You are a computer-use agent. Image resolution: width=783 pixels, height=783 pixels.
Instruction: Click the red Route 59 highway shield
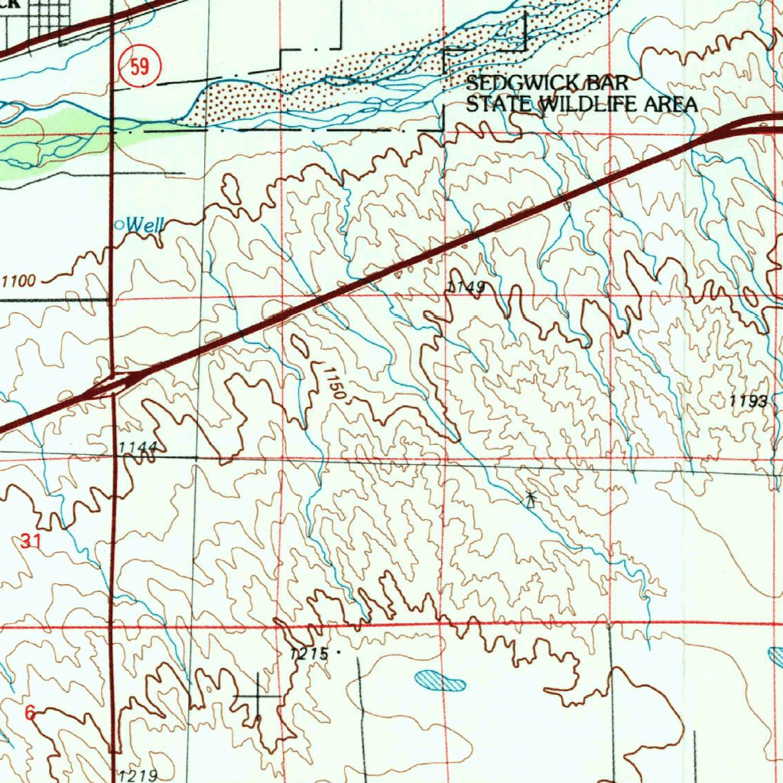pyautogui.click(x=138, y=67)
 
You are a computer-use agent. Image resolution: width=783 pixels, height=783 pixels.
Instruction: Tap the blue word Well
pyautogui.click(x=145, y=225)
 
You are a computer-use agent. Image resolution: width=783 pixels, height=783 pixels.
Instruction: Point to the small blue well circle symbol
pyautogui.click(x=119, y=225)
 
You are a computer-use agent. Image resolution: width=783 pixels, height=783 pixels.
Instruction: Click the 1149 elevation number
pyautogui.click(x=466, y=288)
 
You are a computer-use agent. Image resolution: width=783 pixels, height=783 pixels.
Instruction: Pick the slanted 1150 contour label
pyautogui.click(x=335, y=385)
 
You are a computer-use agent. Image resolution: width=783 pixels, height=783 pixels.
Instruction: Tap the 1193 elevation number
pyautogui.click(x=747, y=401)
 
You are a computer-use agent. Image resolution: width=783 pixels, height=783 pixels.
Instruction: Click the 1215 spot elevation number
pyautogui.click(x=309, y=654)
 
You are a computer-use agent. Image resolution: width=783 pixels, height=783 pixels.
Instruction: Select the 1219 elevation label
pyautogui.click(x=138, y=775)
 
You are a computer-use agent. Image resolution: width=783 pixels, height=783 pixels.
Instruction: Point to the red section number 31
pyautogui.click(x=30, y=541)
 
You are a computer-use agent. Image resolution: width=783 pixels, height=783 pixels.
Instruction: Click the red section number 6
pyautogui.click(x=30, y=713)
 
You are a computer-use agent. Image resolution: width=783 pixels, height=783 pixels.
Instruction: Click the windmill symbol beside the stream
pyautogui.click(x=531, y=499)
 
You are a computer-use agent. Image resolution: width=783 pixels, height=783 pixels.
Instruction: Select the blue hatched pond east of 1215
pyautogui.click(x=440, y=680)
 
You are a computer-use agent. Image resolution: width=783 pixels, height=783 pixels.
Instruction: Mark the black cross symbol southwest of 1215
pyautogui.click(x=258, y=695)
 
